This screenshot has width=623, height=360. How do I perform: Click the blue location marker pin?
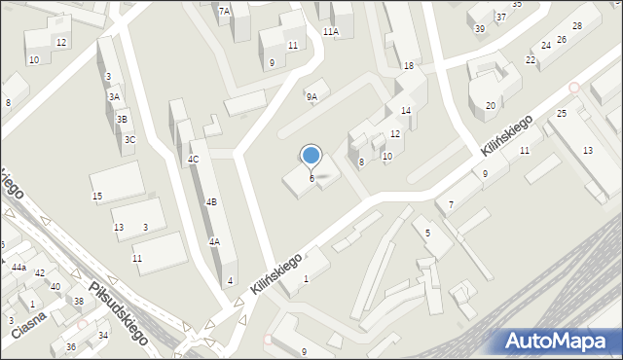click(311, 156)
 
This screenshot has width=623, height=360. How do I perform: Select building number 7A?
click(224, 11)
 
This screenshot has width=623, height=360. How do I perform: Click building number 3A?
click(114, 96)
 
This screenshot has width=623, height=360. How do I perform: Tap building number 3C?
click(129, 140)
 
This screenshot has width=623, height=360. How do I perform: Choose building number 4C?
click(193, 159)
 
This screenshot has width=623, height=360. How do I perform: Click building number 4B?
click(210, 201)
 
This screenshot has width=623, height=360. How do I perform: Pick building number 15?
click(97, 197)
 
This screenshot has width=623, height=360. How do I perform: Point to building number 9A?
click(311, 97)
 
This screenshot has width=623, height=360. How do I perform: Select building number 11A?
click(331, 31)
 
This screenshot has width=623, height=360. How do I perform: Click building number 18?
click(409, 65)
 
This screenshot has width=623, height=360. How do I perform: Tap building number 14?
click(406, 111)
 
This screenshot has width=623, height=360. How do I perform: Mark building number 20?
click(491, 105)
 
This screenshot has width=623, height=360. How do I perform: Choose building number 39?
click(480, 28)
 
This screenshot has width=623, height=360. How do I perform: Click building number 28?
click(576, 25)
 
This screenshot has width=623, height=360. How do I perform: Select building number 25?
click(562, 114)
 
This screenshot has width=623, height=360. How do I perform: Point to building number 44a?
click(18, 267)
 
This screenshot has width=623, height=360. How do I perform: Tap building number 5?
click(427, 233)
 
